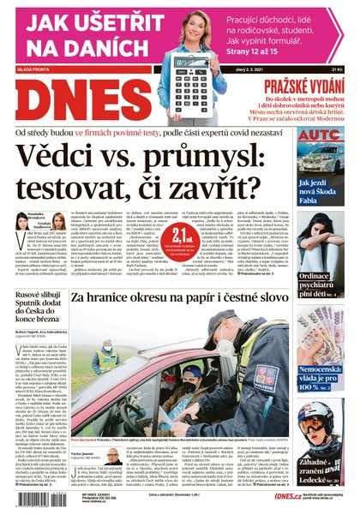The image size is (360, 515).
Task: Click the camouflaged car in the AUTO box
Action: coord(321,159)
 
